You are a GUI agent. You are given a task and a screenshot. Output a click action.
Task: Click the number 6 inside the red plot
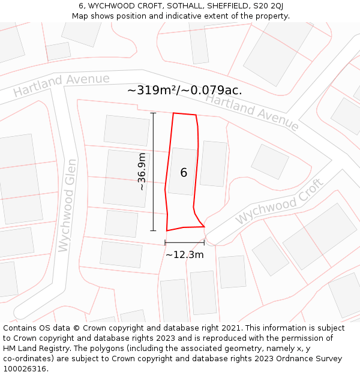point(184,173)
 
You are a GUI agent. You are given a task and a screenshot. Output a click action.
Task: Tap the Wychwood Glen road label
point(66,205)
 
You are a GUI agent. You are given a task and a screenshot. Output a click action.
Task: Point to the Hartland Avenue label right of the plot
point(252,112)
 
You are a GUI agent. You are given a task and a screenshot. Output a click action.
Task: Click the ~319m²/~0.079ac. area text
point(185,91)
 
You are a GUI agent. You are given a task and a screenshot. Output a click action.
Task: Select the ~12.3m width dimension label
point(185,254)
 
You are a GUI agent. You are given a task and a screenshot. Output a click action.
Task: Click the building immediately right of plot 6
point(213,164)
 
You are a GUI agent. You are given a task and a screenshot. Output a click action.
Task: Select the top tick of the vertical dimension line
point(153,113)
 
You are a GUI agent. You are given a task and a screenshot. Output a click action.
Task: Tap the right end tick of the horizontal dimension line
point(204,242)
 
